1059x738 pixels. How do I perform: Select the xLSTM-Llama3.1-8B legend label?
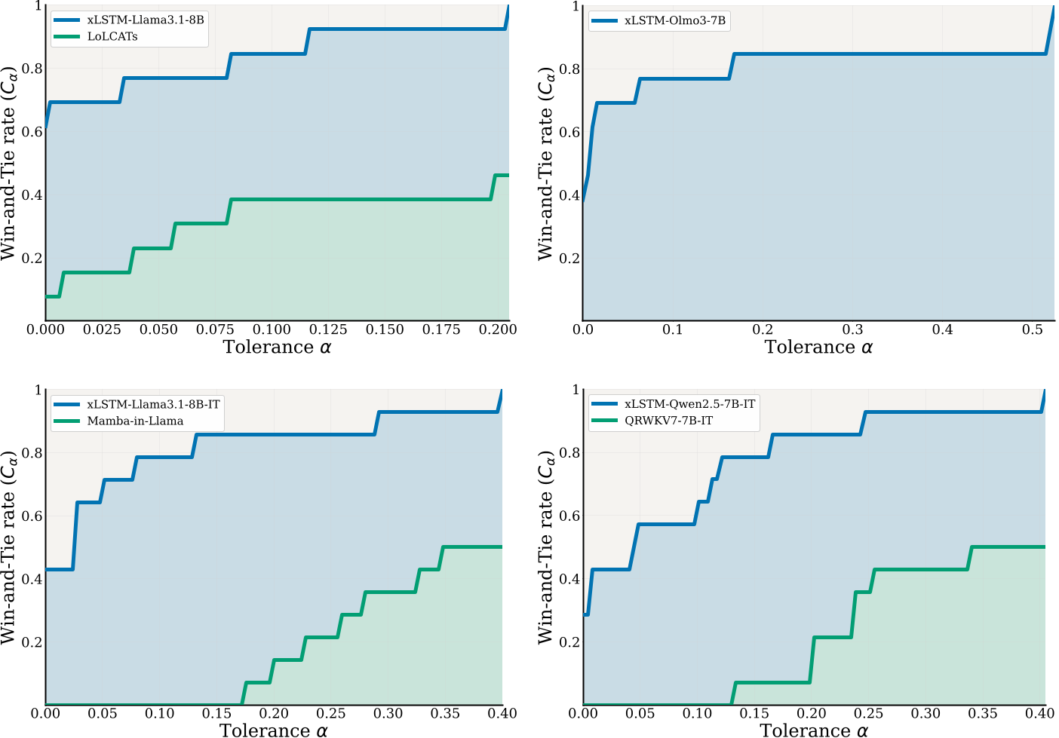[145, 20]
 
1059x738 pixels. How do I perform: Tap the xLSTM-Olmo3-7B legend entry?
[674, 20]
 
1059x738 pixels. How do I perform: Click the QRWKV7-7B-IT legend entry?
[668, 421]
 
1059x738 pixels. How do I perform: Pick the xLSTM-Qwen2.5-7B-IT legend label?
[689, 404]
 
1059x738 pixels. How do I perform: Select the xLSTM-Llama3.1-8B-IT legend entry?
[153, 404]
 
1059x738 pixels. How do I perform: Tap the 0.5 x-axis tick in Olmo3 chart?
[1031, 329]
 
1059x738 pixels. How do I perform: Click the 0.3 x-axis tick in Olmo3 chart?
[852, 329]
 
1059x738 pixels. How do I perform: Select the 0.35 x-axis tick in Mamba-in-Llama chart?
[445, 713]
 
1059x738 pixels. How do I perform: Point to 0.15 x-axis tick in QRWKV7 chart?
[754, 713]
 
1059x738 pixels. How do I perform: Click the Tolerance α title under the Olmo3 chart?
[818, 347]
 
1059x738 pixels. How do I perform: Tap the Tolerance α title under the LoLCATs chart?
[277, 347]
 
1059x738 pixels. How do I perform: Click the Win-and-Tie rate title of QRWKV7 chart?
[545, 547]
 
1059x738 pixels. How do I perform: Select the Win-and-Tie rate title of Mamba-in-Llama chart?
[9, 547]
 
